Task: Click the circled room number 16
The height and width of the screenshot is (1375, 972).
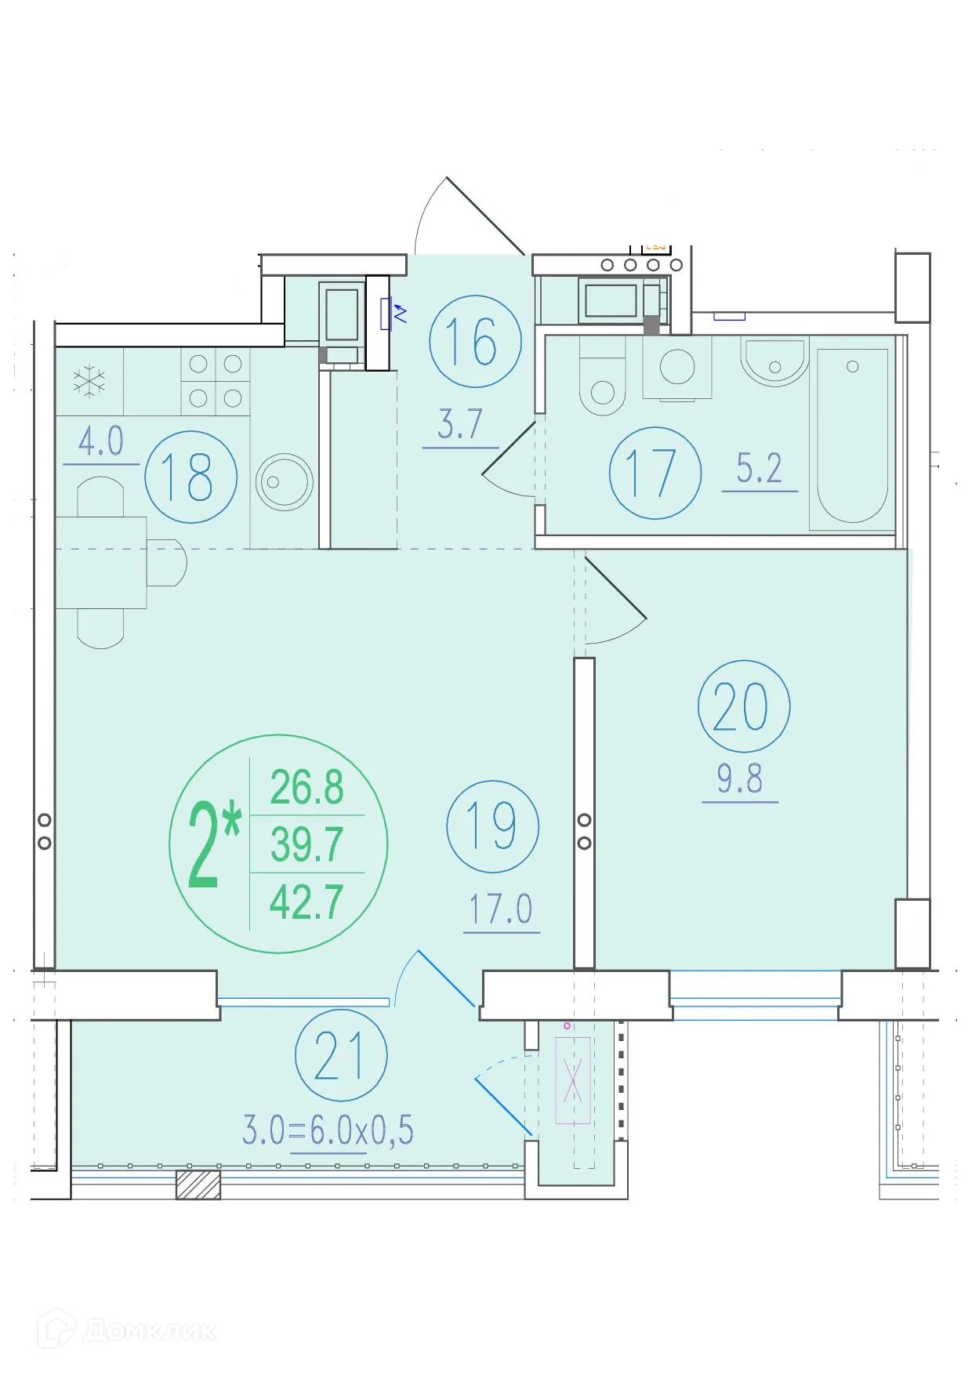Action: tap(475, 341)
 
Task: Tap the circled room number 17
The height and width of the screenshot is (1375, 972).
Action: tap(655, 473)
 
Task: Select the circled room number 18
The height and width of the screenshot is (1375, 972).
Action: tap(190, 477)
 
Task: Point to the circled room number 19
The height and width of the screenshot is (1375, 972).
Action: tap(492, 826)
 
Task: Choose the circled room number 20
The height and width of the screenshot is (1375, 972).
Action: tap(743, 706)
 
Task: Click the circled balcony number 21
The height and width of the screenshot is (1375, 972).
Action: tap(341, 1055)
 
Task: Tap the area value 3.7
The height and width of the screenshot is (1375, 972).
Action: tap(460, 424)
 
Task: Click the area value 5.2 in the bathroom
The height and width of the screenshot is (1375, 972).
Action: tap(760, 468)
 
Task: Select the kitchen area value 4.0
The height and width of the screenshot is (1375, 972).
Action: tap(101, 441)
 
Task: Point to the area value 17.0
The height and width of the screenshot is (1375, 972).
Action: tap(501, 909)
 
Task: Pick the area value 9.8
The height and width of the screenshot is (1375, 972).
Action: tap(740, 778)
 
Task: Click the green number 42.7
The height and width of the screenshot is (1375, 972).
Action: tap(306, 902)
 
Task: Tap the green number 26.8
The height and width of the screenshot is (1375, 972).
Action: tap(306, 787)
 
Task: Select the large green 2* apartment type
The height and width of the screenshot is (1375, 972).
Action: tap(214, 847)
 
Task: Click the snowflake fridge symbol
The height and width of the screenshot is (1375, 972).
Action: tap(89, 381)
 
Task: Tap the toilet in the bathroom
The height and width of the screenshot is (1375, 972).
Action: tap(602, 376)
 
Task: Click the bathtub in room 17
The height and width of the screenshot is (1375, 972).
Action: tap(852, 437)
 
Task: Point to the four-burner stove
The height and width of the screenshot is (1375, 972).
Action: tap(216, 381)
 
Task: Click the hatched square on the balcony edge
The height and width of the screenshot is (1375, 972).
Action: tap(198, 1185)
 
